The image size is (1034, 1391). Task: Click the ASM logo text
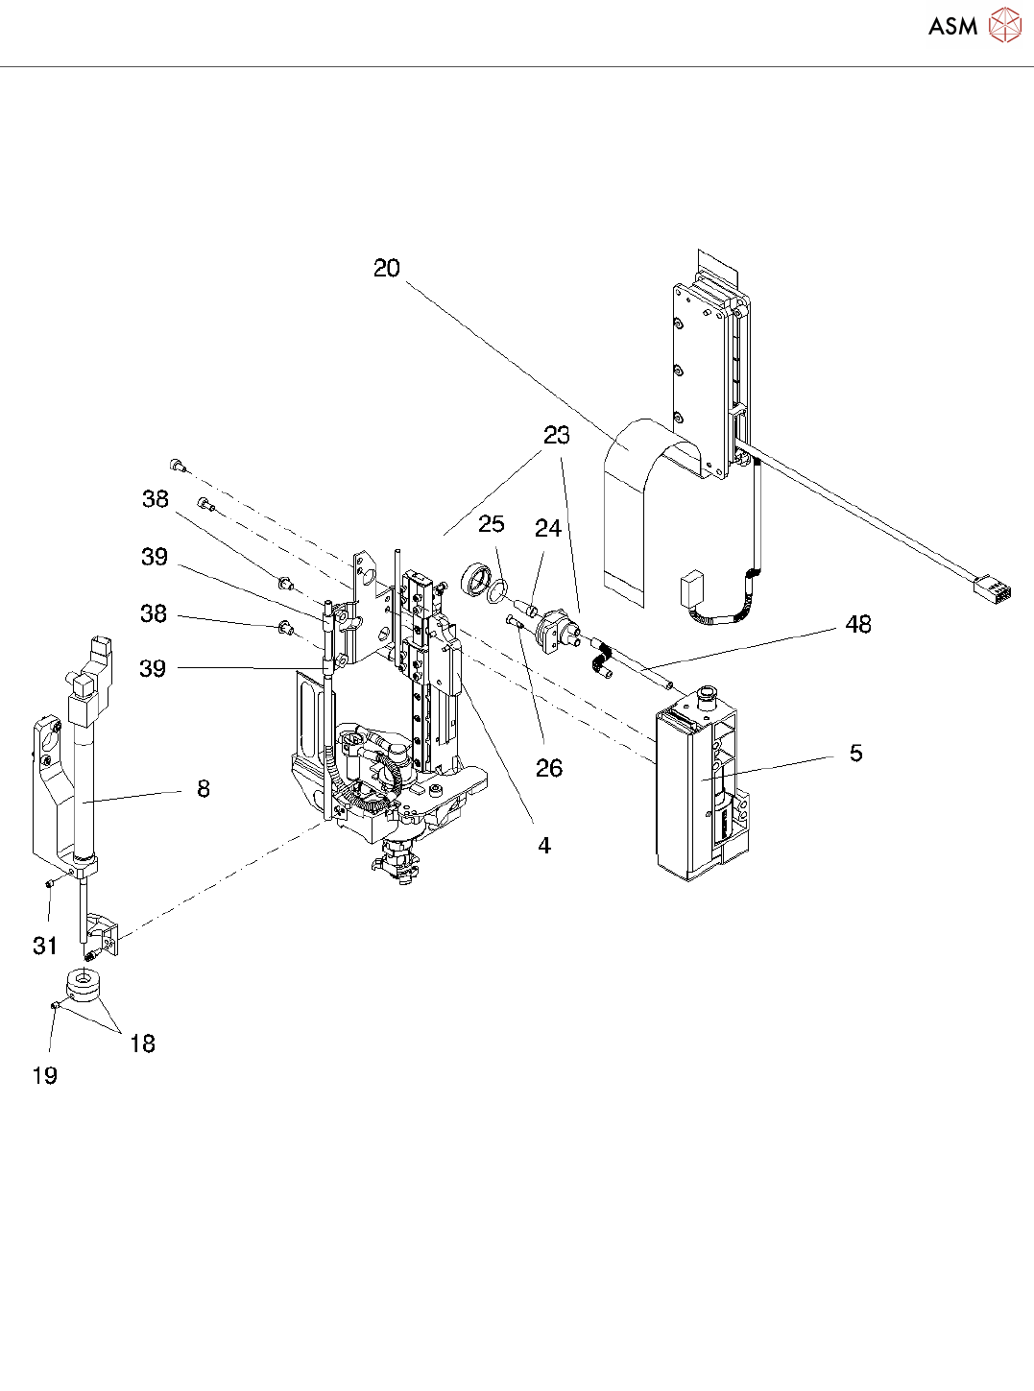(952, 27)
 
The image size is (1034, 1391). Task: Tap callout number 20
(387, 269)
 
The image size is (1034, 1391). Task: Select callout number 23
(557, 436)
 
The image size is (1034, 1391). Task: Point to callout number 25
(491, 524)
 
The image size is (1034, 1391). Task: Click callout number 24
(548, 529)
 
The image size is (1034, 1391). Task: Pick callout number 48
(858, 625)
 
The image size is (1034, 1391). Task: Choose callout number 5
(856, 754)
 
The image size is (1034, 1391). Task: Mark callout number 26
(549, 768)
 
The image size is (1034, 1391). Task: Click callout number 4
(544, 846)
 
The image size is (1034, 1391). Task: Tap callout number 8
(204, 789)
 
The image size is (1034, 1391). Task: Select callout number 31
(45, 947)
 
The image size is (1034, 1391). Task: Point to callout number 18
(142, 1044)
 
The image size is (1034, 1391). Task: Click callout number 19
(45, 1076)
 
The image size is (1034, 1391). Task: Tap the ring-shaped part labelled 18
(84, 986)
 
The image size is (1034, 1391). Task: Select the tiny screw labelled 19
(56, 1005)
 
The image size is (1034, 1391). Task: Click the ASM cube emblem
(1004, 26)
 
